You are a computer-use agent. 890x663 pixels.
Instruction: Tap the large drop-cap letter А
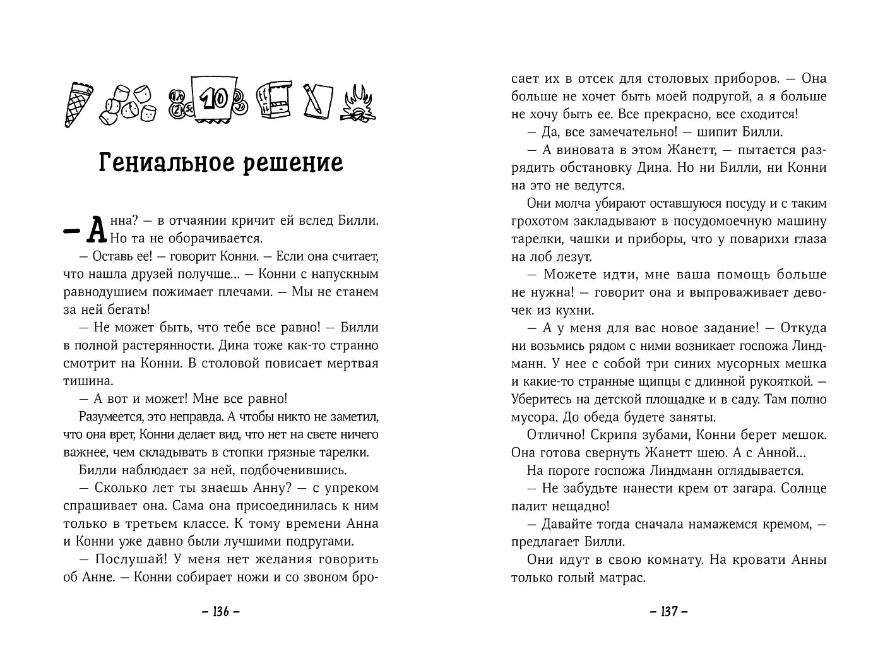(x=95, y=230)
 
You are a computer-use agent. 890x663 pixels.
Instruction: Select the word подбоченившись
(x=290, y=470)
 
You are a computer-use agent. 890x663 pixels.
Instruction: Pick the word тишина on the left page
(x=88, y=381)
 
